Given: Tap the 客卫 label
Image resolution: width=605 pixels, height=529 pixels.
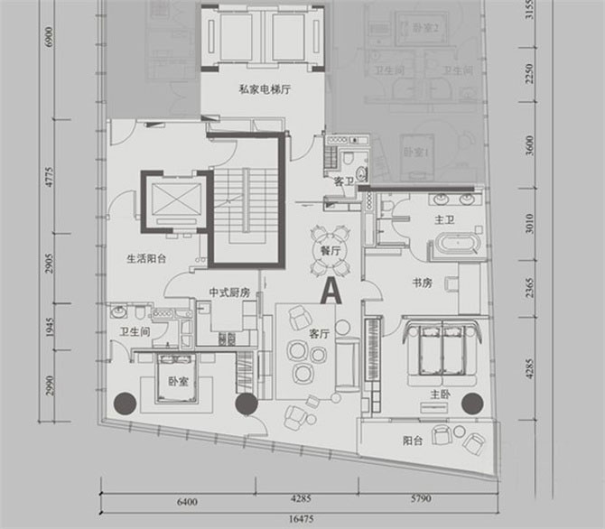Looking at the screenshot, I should point(345,182).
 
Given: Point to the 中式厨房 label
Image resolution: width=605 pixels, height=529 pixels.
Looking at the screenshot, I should point(228,292).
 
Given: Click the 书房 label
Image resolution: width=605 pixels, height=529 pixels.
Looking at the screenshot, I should point(421,283).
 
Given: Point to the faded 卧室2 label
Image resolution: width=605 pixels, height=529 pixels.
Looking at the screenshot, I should point(424,29).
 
